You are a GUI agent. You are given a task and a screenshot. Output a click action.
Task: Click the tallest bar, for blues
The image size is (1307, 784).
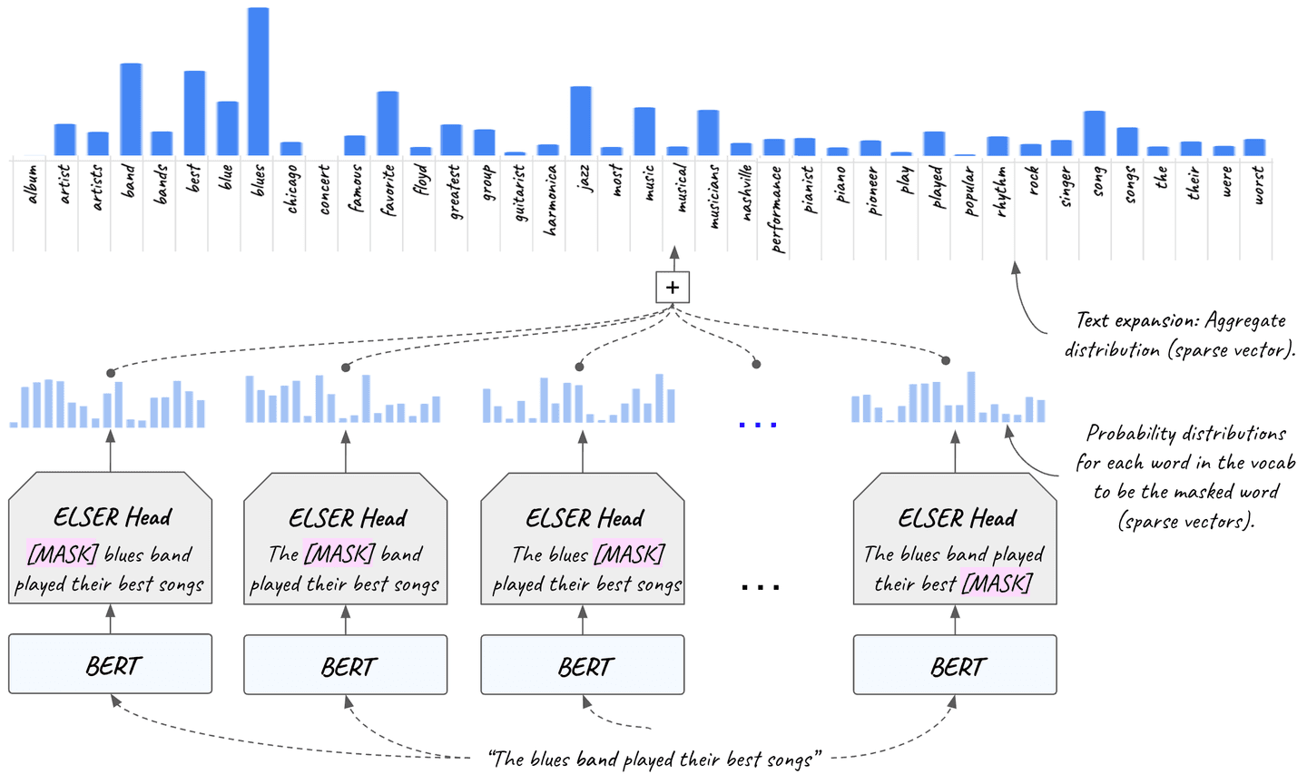[258, 82]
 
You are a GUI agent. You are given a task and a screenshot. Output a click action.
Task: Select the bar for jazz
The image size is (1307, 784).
[581, 121]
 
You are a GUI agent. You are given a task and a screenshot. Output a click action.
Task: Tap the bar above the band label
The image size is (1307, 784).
[131, 109]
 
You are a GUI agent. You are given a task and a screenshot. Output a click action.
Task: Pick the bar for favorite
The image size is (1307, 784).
[388, 123]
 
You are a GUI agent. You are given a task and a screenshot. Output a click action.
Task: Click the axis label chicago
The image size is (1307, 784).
[291, 189]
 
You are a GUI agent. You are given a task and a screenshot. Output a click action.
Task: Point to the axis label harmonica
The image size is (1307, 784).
[549, 200]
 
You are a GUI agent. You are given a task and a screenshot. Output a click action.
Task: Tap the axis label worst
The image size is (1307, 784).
[1258, 185]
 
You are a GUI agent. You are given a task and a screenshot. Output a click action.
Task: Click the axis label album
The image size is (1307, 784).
[31, 183]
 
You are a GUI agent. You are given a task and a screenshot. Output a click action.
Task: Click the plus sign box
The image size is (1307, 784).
[673, 288]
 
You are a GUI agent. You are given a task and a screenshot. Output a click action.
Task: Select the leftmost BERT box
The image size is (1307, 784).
[111, 665]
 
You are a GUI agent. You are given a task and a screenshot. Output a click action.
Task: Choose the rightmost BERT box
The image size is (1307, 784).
[955, 665]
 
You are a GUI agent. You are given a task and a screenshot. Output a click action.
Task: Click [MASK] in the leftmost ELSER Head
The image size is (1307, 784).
[63, 554]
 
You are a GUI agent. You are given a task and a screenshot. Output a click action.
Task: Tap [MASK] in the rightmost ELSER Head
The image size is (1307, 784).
[997, 583]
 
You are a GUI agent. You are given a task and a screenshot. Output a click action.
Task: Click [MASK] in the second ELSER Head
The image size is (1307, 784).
[339, 554]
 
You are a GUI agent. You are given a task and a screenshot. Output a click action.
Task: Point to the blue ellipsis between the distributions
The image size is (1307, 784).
[758, 424]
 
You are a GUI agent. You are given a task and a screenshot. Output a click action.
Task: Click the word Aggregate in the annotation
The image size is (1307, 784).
[1245, 320]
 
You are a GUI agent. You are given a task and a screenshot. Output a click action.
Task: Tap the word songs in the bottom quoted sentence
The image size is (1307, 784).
[788, 759]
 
